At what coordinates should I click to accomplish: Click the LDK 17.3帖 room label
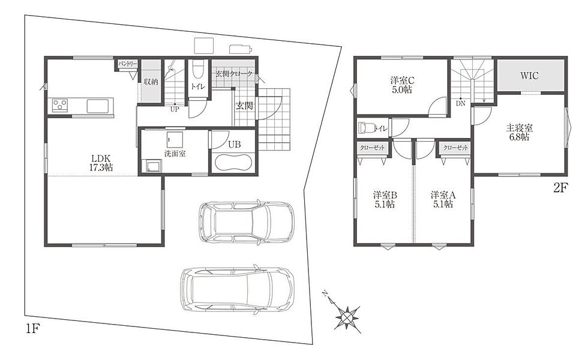101,163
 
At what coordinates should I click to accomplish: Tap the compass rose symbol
347,317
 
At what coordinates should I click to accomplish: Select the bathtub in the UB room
233,163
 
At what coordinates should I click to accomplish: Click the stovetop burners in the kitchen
59,105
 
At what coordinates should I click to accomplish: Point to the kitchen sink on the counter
98,106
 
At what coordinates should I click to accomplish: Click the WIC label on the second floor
529,76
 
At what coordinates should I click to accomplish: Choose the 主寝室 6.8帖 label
520,133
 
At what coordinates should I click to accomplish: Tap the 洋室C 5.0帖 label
403,85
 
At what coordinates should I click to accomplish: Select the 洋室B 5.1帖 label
385,199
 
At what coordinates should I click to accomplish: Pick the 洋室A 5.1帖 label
443,199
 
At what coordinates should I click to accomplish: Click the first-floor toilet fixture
197,70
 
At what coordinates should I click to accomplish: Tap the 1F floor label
32,329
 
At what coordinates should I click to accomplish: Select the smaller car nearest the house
246,222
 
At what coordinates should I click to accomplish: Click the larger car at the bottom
237,289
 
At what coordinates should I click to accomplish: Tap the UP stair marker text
175,110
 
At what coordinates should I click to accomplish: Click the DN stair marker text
461,103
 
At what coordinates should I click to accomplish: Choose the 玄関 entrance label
244,106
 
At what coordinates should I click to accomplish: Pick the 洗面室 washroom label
175,154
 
